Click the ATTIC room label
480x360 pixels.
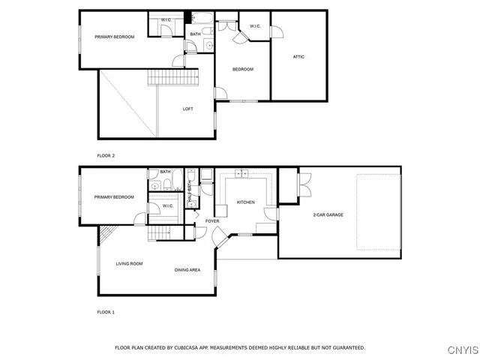click(x=298, y=57)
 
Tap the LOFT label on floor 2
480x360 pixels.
click(x=188, y=109)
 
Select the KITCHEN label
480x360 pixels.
click(x=246, y=202)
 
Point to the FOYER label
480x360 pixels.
click(x=212, y=221)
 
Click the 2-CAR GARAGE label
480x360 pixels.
click(x=328, y=215)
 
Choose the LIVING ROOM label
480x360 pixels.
click(x=129, y=264)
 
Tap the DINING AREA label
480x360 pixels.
click(x=187, y=270)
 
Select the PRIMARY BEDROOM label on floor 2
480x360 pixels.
click(x=114, y=36)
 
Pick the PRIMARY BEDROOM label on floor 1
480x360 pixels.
click(x=114, y=197)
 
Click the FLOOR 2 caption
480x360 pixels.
click(x=106, y=155)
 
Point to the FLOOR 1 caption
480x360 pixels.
click(x=106, y=311)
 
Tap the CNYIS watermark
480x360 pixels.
click(x=462, y=349)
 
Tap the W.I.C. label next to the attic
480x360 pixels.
click(x=255, y=26)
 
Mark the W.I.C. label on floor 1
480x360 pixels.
click(x=168, y=205)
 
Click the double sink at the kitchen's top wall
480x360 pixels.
click(x=242, y=174)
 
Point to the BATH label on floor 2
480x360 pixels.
click(x=195, y=34)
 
